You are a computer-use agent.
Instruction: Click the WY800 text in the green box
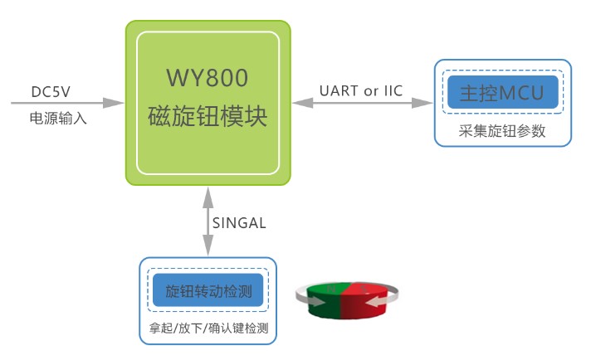coord(208,78)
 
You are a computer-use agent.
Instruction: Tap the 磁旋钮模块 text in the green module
coord(208,115)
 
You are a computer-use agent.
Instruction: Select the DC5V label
coord(51,92)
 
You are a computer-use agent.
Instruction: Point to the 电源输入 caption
coord(58,119)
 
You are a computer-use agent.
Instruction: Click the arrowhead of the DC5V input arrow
coord(114,102)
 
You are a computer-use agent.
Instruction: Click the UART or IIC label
coord(361,90)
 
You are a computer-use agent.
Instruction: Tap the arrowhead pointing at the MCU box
coord(422,102)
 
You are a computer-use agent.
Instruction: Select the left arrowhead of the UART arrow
coord(303,102)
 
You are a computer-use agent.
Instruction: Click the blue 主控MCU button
coord(502,92)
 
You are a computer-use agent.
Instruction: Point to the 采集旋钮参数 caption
coord(502,131)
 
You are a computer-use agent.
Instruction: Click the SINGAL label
coord(239,223)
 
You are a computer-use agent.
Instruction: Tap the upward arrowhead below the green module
coord(208,197)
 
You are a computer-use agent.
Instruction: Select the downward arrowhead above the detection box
coord(208,246)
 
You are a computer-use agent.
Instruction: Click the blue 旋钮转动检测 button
coord(208,290)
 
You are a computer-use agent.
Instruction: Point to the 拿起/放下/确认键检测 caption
coord(208,328)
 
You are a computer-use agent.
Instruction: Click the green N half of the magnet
coord(325,300)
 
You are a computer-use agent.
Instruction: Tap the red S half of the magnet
coord(364,300)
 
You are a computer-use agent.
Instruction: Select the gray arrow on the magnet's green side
coord(310,298)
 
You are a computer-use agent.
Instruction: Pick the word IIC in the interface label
coord(393,90)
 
